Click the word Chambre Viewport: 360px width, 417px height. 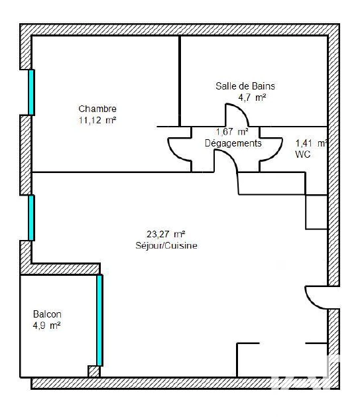[x=97, y=109]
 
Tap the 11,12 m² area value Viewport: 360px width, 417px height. [x=97, y=120]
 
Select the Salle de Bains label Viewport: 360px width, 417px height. [x=245, y=86]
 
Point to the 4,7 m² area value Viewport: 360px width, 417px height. [x=252, y=97]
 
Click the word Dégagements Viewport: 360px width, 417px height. [x=233, y=143]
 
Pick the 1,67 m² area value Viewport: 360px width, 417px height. [x=232, y=132]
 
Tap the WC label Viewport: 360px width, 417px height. [x=302, y=154]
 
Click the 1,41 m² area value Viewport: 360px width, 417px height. [x=311, y=143]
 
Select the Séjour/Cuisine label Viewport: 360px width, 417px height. [x=166, y=245]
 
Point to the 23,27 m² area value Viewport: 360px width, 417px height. [x=166, y=234]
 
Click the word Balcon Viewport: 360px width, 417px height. [x=47, y=314]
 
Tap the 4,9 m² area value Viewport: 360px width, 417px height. [x=46, y=326]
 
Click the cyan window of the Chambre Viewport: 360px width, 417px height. [x=31, y=92]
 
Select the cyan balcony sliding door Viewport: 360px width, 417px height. [x=99, y=320]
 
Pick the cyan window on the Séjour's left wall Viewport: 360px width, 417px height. [x=31, y=218]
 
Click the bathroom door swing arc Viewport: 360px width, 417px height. [x=242, y=111]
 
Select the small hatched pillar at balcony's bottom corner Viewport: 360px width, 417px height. [x=93, y=371]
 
